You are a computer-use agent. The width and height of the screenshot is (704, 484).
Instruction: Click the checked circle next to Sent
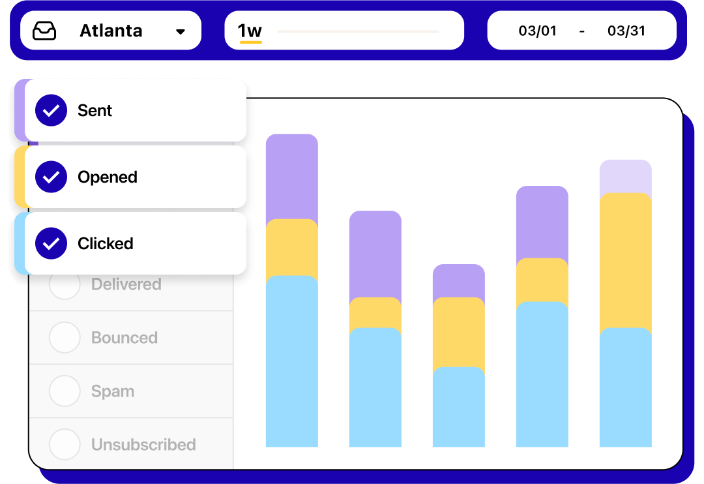point(51,110)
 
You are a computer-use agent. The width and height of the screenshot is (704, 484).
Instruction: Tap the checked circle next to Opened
point(51,177)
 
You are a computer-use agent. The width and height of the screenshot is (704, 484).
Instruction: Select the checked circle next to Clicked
point(51,243)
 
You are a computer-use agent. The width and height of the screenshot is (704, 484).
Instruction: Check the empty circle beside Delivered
point(65,284)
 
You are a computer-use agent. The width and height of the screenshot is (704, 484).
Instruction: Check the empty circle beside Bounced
point(65,338)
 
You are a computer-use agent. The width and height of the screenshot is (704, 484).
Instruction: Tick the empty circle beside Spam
point(65,391)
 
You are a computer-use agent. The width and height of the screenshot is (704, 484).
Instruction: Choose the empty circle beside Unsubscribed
point(65,445)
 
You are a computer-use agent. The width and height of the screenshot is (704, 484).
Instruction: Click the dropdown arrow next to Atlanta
point(181,31)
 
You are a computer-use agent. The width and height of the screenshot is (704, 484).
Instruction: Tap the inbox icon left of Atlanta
point(44,31)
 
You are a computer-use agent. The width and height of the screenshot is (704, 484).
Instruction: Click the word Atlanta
point(111,31)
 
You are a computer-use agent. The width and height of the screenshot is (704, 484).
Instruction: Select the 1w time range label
point(250,31)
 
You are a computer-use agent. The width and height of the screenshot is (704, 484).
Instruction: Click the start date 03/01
point(537,31)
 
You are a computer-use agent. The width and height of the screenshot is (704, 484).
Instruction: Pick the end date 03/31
point(626,31)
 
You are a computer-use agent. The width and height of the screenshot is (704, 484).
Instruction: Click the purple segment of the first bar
point(291,176)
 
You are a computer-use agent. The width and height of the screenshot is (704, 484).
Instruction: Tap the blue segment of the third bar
point(458,408)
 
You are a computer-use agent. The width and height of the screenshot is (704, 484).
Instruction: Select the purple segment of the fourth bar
point(542,222)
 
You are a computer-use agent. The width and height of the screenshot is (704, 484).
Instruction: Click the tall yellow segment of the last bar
point(625,261)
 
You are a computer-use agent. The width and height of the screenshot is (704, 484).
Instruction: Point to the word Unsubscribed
point(143,445)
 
